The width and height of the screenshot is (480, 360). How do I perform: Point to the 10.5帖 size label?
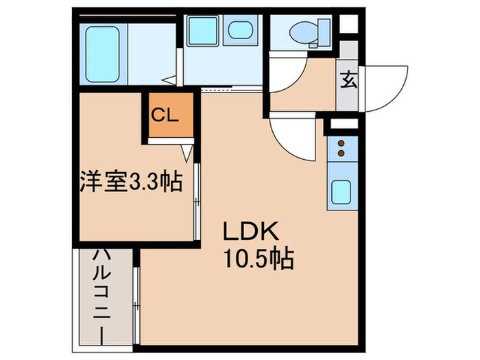pos(258,259)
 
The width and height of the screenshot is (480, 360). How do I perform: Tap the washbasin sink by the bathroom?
pos(239,30)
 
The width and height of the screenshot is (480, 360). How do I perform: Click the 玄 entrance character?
pos(348,81)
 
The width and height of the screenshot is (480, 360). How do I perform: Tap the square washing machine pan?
pos(202,31)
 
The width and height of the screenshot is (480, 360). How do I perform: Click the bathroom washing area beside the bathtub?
pos(152,48)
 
